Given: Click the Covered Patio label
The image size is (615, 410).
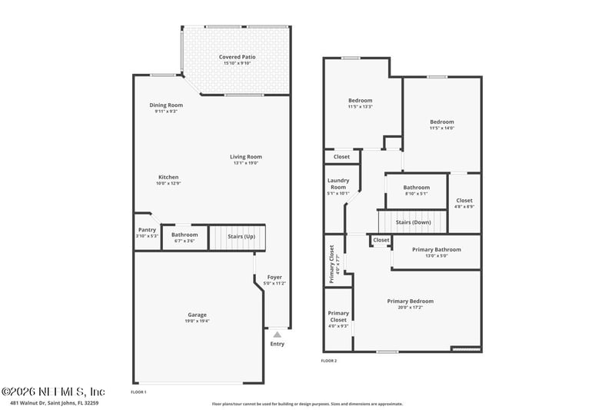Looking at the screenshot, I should point(237,57).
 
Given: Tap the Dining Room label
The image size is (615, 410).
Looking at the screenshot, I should point(166,105).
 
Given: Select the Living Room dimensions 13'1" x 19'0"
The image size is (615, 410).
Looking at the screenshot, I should point(246,163).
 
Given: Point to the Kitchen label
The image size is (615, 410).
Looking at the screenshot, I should point(168,177).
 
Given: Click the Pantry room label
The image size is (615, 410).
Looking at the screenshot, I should point(147,229).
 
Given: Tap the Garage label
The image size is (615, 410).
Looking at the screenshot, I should point(197,314).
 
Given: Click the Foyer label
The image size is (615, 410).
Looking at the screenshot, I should point(274,277).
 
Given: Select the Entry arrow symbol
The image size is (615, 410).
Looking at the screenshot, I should point(277,335).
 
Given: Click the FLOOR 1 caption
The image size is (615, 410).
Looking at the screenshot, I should point(138,392).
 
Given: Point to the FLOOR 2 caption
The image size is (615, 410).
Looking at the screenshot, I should point(329,360).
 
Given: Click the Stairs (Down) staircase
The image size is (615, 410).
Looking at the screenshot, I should point(412,222).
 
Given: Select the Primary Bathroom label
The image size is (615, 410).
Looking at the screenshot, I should point(436,250).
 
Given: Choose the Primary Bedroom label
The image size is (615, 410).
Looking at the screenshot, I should point(410,302).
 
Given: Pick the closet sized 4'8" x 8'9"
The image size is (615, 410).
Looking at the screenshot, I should point(464,203).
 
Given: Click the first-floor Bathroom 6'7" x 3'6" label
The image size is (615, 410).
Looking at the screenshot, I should point(184,235).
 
